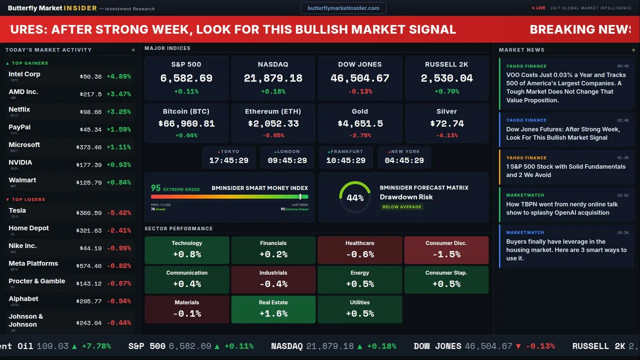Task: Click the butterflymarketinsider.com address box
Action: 343,8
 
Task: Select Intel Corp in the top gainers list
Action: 24,74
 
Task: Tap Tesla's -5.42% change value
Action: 119,213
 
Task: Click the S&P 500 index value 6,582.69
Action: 186,78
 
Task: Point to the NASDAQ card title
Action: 273,64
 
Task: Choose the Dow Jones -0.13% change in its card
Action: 360,91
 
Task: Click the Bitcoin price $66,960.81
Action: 186,123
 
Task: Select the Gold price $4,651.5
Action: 360,123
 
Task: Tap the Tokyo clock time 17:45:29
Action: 228,160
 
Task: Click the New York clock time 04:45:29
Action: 404,160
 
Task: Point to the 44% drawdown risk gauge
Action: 355,197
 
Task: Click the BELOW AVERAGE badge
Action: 402,206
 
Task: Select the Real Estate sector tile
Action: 273,309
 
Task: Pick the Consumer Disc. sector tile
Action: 446,250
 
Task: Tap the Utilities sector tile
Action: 360,309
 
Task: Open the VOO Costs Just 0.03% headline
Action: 566,87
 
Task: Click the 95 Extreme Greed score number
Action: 156,188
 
